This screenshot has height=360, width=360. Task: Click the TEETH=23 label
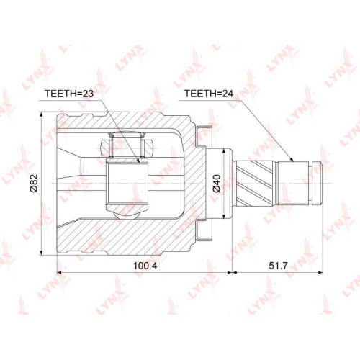click(x=69, y=94)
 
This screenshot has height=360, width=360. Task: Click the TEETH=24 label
click(x=209, y=94)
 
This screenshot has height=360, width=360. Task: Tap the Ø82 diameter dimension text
click(x=34, y=184)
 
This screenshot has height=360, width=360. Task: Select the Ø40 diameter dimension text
click(x=217, y=184)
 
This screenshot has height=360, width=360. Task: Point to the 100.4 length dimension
click(x=145, y=266)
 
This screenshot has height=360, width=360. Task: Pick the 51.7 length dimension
click(x=278, y=266)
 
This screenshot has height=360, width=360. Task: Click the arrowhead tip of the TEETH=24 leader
click(x=294, y=162)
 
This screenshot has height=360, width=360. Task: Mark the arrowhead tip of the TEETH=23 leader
click(x=139, y=163)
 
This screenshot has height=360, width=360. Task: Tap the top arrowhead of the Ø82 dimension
click(x=42, y=112)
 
